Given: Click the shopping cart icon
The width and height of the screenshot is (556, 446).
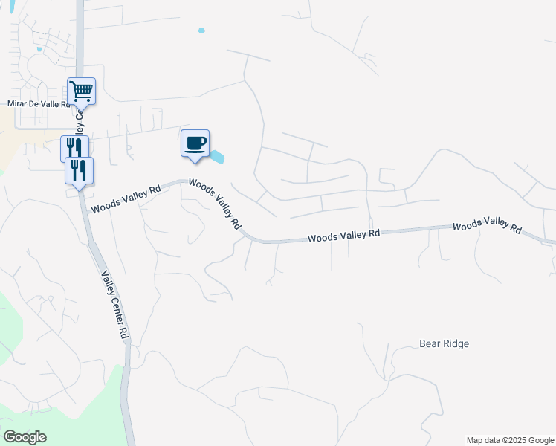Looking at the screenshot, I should pos(81,92).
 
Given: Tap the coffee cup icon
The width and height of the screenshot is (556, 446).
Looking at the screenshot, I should pos(195,143).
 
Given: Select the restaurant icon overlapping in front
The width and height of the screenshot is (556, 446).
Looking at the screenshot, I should pos(77,170).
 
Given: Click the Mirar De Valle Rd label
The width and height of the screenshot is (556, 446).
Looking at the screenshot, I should pos(39,104).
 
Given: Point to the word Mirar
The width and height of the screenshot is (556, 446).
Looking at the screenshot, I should pos(17,104).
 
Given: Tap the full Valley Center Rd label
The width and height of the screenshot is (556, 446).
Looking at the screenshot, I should pos(114,304).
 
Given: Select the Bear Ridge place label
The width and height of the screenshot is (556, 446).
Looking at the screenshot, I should pos(445,344).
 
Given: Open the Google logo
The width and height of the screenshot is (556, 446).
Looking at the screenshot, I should pos(25,437).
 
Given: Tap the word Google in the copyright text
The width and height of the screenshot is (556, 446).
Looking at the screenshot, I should pos(540,440).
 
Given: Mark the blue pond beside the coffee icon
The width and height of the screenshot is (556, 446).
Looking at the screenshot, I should pos(217,157).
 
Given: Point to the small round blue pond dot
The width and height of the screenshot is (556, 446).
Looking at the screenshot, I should pos(201,30).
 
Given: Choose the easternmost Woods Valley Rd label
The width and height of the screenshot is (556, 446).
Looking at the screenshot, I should pos(487,225).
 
